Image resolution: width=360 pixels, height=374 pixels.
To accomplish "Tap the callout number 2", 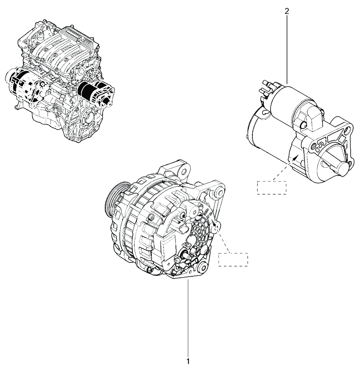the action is [x=287, y=11].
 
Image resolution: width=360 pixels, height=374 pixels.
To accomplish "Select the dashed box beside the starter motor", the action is [x=272, y=188].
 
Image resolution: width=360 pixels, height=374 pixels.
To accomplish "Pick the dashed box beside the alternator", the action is [x=233, y=259].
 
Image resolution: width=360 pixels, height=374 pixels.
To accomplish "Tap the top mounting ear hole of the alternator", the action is [x=183, y=172].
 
